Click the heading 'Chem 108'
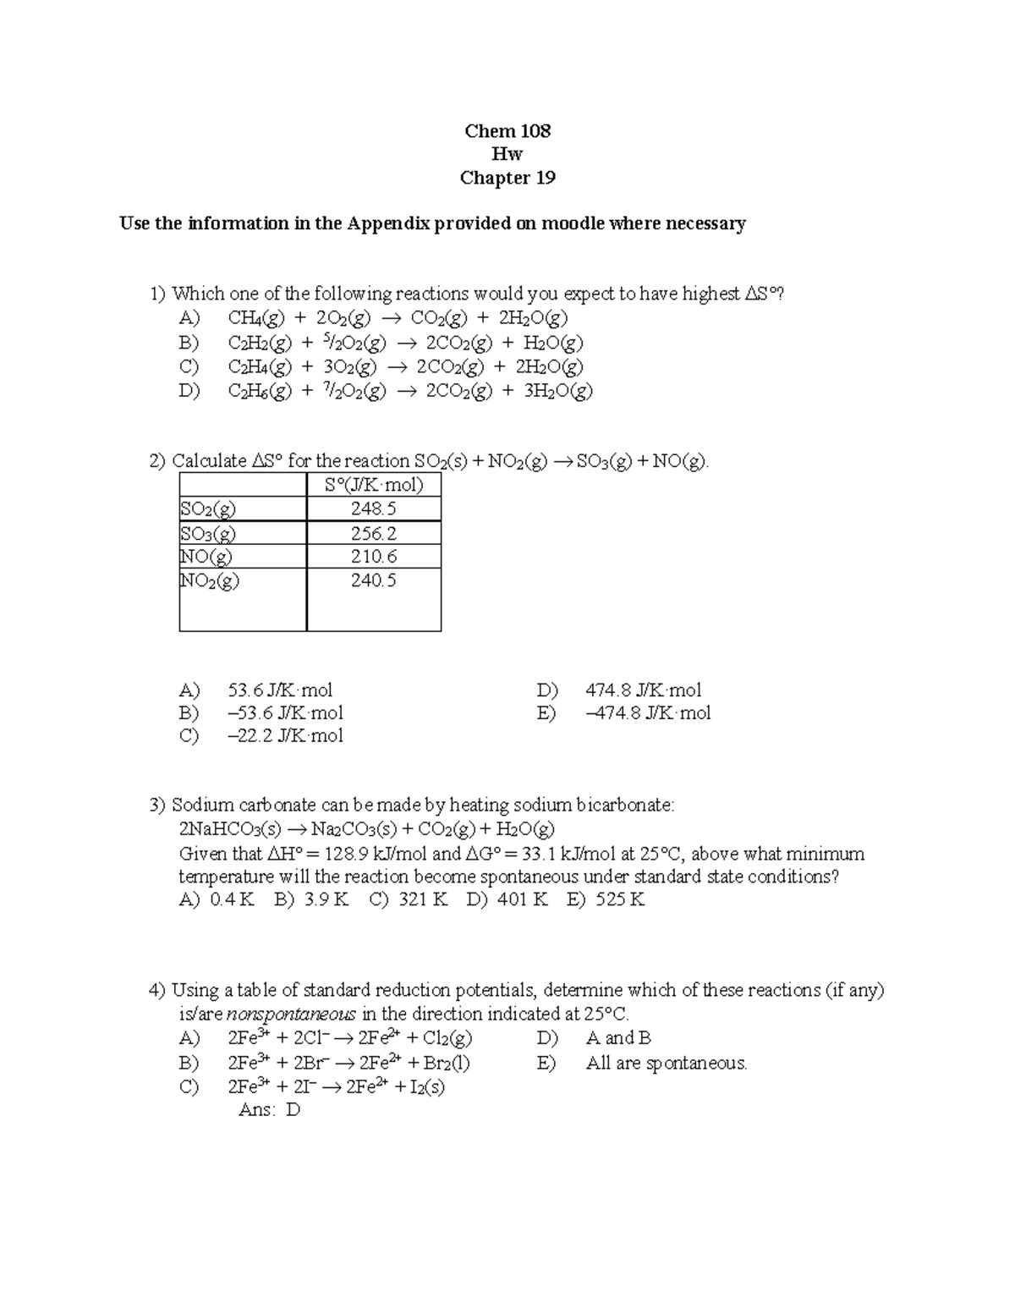coord(507,131)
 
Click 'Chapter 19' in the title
coord(507,178)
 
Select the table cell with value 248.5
coord(373,509)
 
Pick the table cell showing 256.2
coord(373,533)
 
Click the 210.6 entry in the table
coord(373,556)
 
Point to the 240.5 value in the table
coord(373,580)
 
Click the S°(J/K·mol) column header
coord(373,485)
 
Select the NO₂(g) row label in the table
coord(210,580)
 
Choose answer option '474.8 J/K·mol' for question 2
coord(643,690)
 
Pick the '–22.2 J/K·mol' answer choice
coord(285,736)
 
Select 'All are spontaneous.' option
coord(667,1063)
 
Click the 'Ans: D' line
coord(269,1110)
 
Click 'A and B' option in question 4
coord(618,1038)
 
